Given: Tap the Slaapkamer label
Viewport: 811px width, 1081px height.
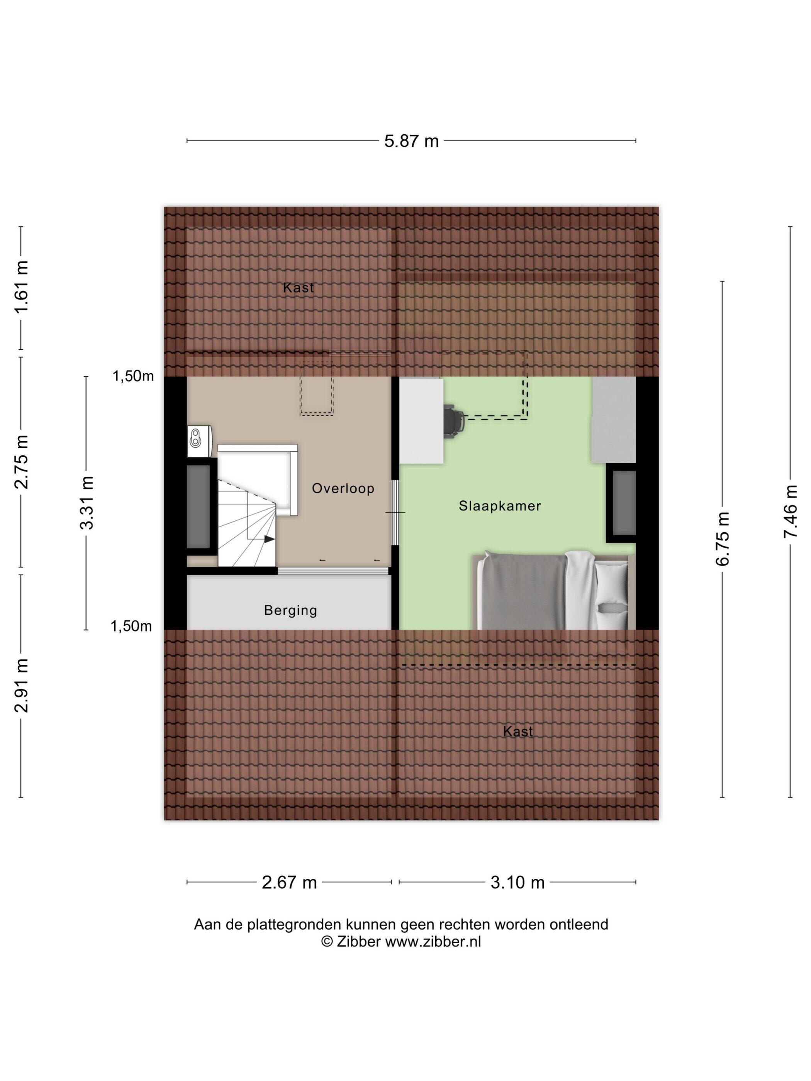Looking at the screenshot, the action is [x=500, y=506].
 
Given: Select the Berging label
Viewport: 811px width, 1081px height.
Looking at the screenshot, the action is [x=290, y=610].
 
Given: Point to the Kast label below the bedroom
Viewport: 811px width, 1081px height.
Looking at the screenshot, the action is [x=518, y=731].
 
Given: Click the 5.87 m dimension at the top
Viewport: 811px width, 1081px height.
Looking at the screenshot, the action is [x=411, y=141].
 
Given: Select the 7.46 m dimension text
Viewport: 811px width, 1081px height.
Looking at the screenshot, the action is [x=791, y=511].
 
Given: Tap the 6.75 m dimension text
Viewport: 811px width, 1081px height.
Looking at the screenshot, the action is [x=723, y=539].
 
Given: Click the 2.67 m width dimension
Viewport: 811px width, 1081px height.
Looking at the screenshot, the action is [x=289, y=883].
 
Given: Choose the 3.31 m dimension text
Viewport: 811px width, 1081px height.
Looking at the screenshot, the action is [x=87, y=503].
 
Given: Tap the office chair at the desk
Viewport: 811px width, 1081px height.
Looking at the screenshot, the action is [x=455, y=419].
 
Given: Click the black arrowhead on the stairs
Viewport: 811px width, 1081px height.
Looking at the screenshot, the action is [x=269, y=539].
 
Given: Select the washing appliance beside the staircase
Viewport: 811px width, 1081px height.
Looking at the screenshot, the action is [x=199, y=441].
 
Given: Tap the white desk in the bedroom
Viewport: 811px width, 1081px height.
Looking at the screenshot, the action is [x=421, y=420].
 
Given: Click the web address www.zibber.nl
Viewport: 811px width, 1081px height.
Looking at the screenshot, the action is [x=433, y=942].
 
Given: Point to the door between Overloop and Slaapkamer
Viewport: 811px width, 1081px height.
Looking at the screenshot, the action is [x=395, y=512].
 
